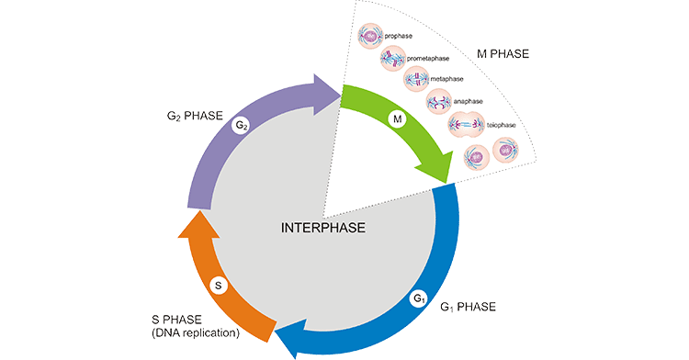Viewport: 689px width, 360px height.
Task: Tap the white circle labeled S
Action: tap(218, 286)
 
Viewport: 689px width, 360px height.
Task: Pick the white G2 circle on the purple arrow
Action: tap(241, 124)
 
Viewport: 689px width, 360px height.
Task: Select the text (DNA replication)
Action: tap(195, 332)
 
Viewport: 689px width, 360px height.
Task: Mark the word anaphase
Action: tap(471, 101)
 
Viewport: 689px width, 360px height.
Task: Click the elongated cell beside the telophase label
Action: tap(464, 125)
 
